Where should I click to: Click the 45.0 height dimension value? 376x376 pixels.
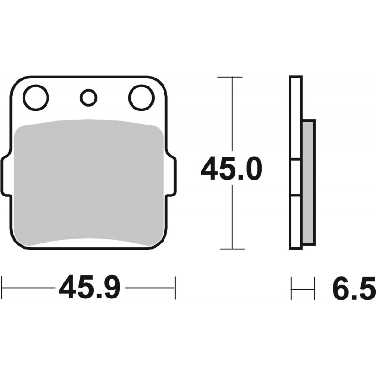pyautogui.click(x=231, y=168)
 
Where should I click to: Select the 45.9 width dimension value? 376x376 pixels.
pyautogui.click(x=89, y=287)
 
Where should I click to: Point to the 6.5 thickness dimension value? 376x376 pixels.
pyautogui.click(x=354, y=288)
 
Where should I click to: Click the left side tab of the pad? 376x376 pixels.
pyautogui.click(x=6, y=175)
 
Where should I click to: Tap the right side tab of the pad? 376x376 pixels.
pyautogui.click(x=171, y=175)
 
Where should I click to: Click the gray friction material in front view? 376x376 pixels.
pyautogui.click(x=89, y=183)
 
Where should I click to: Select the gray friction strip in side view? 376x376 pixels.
pyautogui.click(x=308, y=182)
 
